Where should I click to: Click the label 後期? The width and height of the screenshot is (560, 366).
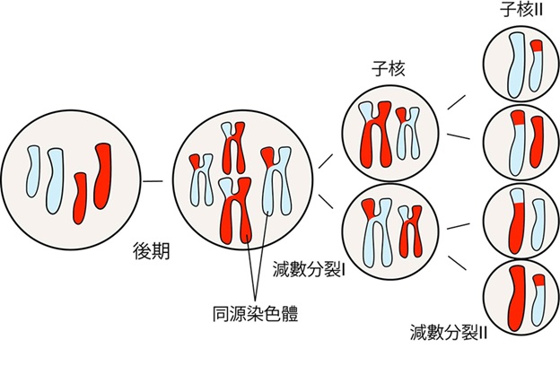(151, 251)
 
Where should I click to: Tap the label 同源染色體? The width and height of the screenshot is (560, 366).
(255, 313)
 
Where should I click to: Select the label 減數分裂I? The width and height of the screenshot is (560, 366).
(309, 269)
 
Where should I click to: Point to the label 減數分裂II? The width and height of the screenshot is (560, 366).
(448, 332)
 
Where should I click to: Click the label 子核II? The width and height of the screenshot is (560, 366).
(521, 9)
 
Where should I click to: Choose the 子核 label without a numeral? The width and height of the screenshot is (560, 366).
(389, 68)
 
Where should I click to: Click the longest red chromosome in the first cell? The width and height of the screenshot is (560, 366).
(103, 176)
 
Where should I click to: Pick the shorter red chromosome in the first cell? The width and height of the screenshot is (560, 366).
(80, 198)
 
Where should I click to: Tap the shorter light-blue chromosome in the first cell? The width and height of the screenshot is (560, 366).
(33, 171)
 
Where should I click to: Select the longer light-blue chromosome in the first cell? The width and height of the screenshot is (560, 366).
(54, 181)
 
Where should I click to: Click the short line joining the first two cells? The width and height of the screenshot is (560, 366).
(153, 181)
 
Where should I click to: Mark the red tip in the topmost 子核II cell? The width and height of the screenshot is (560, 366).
(537, 46)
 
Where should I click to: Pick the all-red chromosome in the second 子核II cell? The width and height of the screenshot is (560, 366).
(537, 142)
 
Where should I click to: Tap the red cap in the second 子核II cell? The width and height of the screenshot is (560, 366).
(518, 118)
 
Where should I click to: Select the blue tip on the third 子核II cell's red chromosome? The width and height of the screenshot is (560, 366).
(517, 196)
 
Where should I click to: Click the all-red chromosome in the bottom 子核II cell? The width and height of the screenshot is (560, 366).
(516, 299)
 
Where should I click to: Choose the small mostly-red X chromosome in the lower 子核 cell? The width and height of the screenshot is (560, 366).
(411, 231)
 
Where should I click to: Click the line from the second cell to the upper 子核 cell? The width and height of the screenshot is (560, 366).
(326, 161)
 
